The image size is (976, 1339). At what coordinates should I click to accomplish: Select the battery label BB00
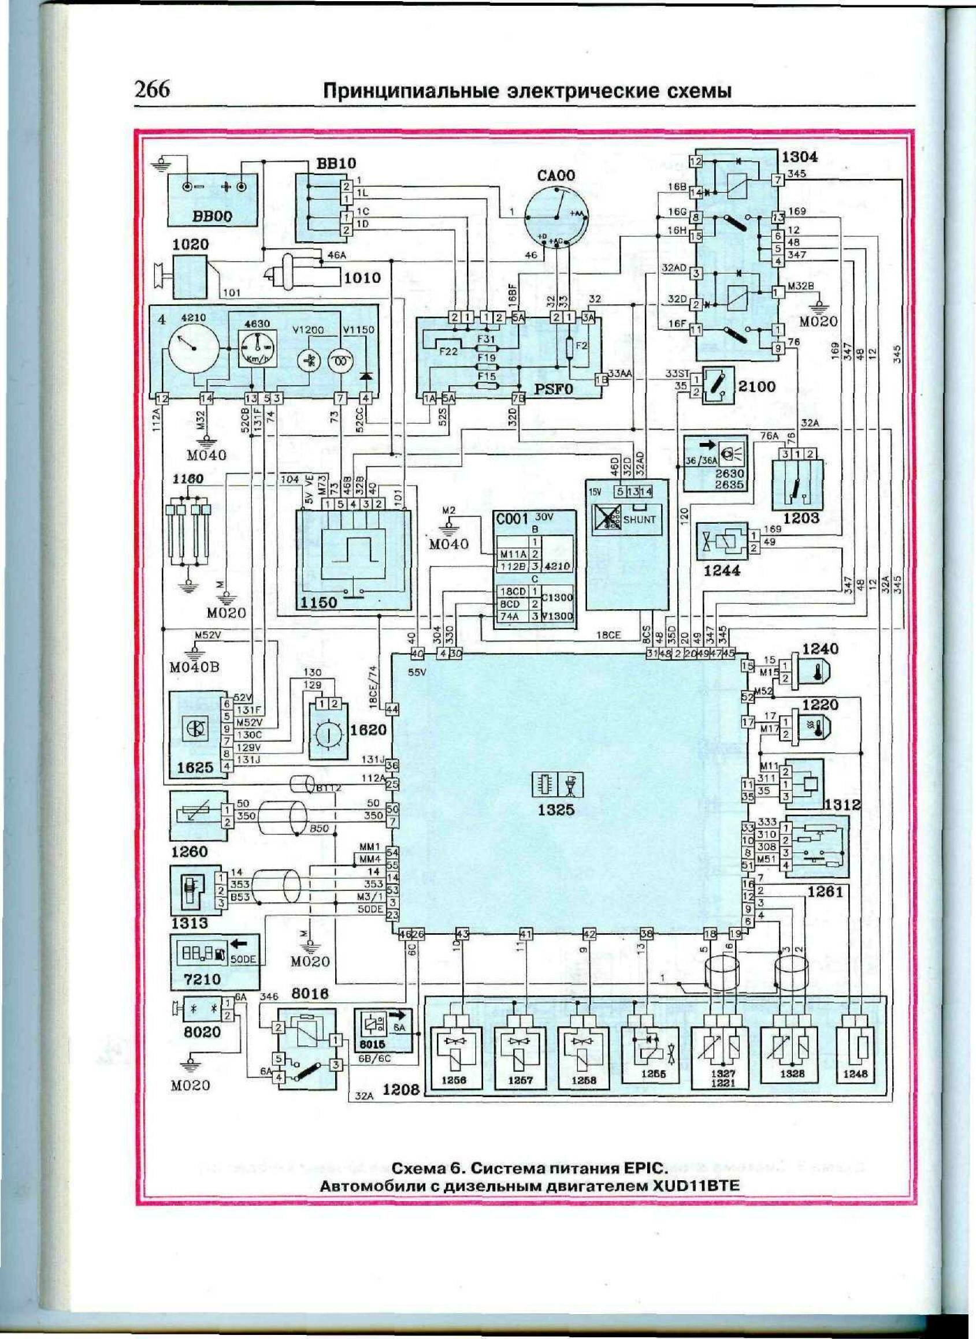pos(211,217)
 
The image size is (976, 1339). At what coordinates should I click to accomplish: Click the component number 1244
pos(722,571)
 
